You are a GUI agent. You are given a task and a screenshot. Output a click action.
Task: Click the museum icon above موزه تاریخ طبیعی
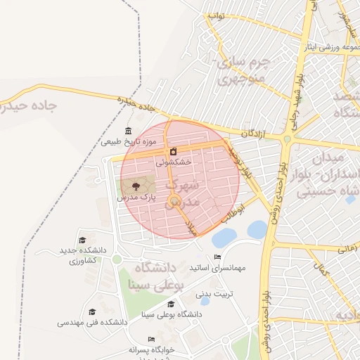click(127, 131)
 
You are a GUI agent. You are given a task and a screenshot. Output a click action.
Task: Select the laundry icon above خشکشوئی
click(173, 151)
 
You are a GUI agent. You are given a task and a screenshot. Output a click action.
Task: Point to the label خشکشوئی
click(173, 162)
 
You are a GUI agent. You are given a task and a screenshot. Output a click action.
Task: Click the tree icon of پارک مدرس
click(136, 187)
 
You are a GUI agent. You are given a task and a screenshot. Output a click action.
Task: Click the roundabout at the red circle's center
click(175, 202)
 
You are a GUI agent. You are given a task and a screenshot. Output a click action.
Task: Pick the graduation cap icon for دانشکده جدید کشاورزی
click(83, 240)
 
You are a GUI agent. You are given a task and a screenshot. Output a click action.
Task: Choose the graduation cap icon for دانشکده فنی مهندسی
click(92, 312)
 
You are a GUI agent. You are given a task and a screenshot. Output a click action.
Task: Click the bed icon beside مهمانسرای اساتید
click(217, 257)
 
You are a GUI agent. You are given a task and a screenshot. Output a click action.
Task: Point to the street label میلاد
click(189, 224)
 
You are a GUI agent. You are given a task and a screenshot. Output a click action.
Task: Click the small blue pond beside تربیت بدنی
click(204, 300)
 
